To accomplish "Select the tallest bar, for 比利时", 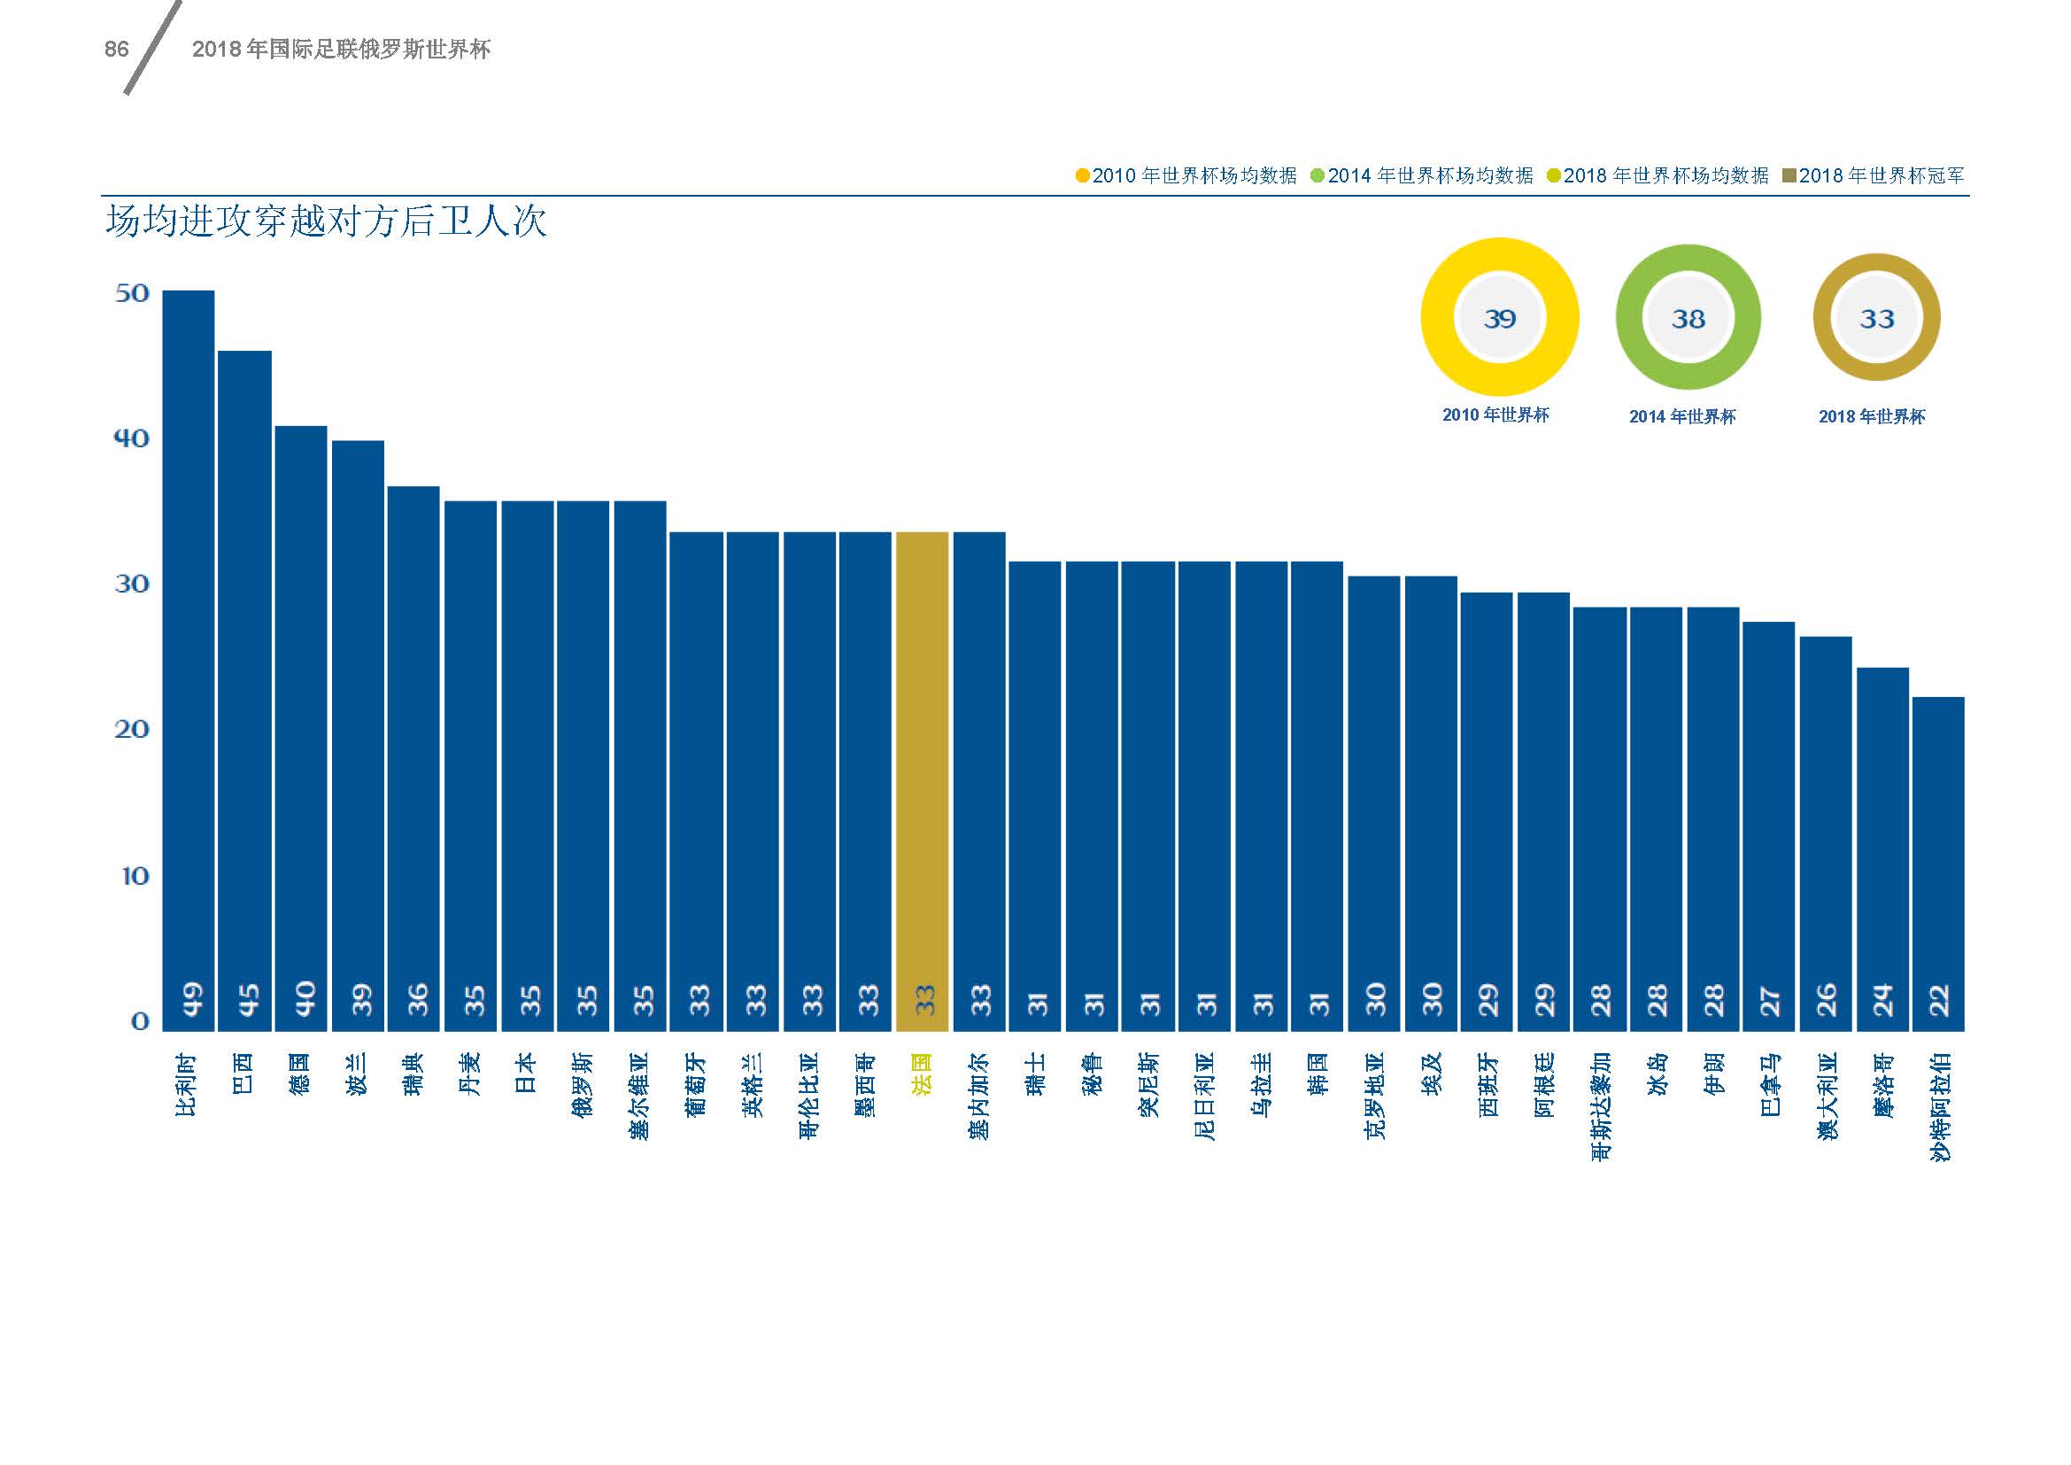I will point(189,658).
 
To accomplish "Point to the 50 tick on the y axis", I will point(132,293).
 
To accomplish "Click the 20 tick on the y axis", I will point(132,729).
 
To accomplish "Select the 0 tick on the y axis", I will point(140,1020).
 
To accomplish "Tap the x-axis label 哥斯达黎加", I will point(1599,1106).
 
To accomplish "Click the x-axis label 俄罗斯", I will point(583,1084).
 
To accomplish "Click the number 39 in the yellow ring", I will point(1499,319).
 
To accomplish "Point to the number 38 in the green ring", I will point(1688,319).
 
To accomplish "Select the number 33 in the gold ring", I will point(1876,319).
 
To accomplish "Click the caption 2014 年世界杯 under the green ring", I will point(1682,417).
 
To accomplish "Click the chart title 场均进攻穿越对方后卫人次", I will point(326,222).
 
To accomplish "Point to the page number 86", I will point(116,50).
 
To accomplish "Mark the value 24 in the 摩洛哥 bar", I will point(1882,999).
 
